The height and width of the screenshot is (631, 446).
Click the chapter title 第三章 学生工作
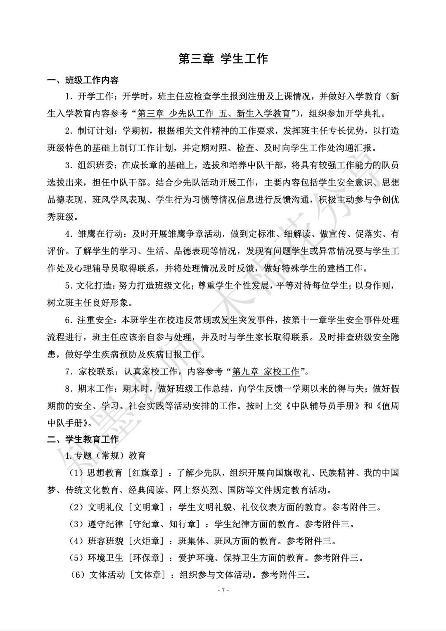click(x=223, y=59)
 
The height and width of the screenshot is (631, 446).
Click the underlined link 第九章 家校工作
click(x=266, y=371)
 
